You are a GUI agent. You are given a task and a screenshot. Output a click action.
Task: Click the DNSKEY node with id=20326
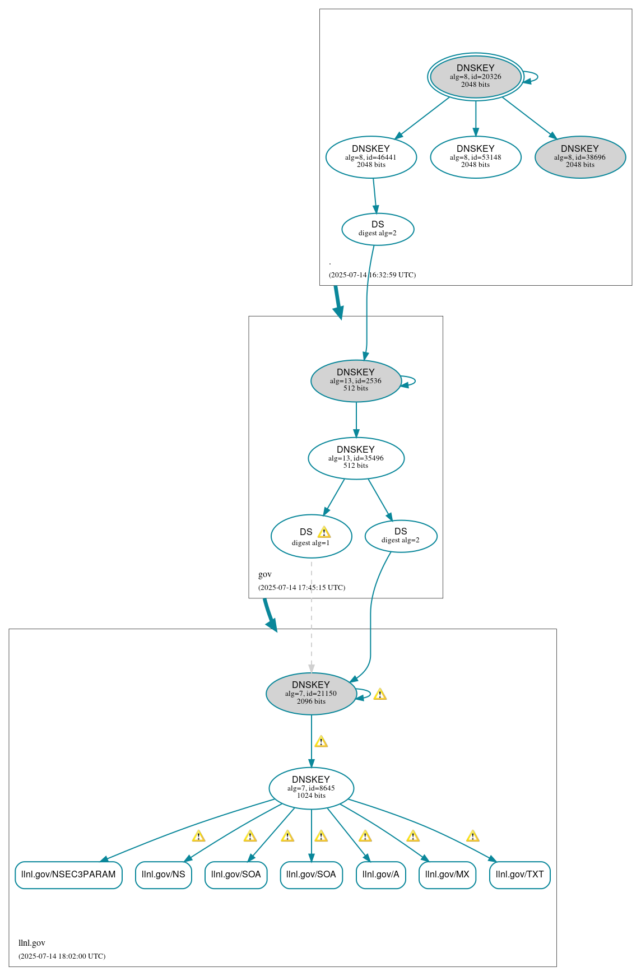pyautogui.click(x=475, y=77)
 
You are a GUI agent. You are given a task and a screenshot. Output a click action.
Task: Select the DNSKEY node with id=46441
pyautogui.click(x=371, y=157)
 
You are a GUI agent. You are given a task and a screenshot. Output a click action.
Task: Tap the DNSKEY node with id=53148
pyautogui.click(x=475, y=157)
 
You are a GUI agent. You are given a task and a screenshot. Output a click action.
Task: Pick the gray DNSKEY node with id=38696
pyautogui.click(x=580, y=157)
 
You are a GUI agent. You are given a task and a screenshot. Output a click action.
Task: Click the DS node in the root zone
pyautogui.click(x=378, y=229)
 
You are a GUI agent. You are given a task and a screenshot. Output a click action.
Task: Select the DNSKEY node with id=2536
pyautogui.click(x=356, y=380)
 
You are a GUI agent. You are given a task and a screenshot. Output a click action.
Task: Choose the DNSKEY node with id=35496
pyautogui.click(x=356, y=458)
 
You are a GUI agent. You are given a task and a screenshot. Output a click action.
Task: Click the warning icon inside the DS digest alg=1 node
pyautogui.click(x=324, y=532)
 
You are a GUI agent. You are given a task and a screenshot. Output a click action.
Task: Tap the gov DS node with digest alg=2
pyautogui.click(x=401, y=536)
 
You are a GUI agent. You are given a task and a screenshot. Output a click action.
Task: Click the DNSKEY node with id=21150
pyautogui.click(x=311, y=693)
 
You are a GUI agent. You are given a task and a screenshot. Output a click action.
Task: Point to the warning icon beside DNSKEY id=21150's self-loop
pyautogui.click(x=380, y=694)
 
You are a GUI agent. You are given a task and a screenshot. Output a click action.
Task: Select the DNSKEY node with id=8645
pyautogui.click(x=311, y=788)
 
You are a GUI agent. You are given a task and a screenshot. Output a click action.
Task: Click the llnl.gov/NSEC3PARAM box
pyautogui.click(x=68, y=874)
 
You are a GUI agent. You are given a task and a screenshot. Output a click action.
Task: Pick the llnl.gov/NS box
pyautogui.click(x=163, y=874)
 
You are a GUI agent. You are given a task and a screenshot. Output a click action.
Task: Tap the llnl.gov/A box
pyautogui.click(x=380, y=874)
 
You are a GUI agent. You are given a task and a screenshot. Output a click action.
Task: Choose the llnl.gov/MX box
pyautogui.click(x=447, y=874)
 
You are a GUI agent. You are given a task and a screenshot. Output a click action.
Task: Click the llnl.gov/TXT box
pyautogui.click(x=519, y=874)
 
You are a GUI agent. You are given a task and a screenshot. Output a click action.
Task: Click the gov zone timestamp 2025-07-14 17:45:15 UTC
pyautogui.click(x=301, y=587)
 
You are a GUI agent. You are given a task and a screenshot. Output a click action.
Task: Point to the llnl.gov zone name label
pyautogui.click(x=32, y=942)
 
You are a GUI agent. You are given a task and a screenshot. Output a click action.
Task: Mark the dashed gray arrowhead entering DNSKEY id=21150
pyautogui.click(x=312, y=668)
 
